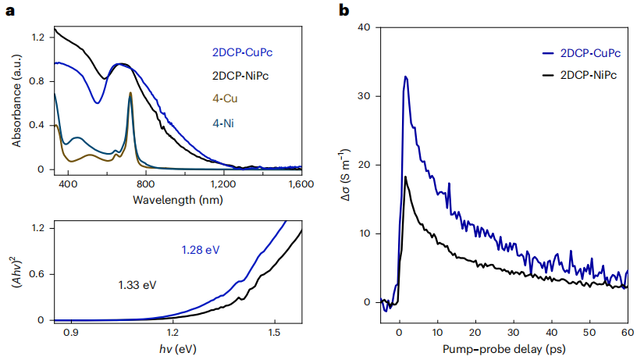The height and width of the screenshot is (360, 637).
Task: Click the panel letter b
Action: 343,10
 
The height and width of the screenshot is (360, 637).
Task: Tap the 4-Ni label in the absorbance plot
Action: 225,123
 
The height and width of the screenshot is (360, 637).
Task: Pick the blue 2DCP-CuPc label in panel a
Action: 246,53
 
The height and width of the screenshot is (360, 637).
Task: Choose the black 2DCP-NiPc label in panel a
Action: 245,77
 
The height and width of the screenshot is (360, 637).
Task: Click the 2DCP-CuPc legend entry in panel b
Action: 584,53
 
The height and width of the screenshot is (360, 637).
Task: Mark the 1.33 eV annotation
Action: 138,286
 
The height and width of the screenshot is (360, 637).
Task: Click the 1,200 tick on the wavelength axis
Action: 223,184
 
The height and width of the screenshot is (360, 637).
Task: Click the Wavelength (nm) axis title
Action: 177,200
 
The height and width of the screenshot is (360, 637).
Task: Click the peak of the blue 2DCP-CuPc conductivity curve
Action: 406,77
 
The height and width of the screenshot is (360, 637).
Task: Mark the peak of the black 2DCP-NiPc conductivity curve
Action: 406,176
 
